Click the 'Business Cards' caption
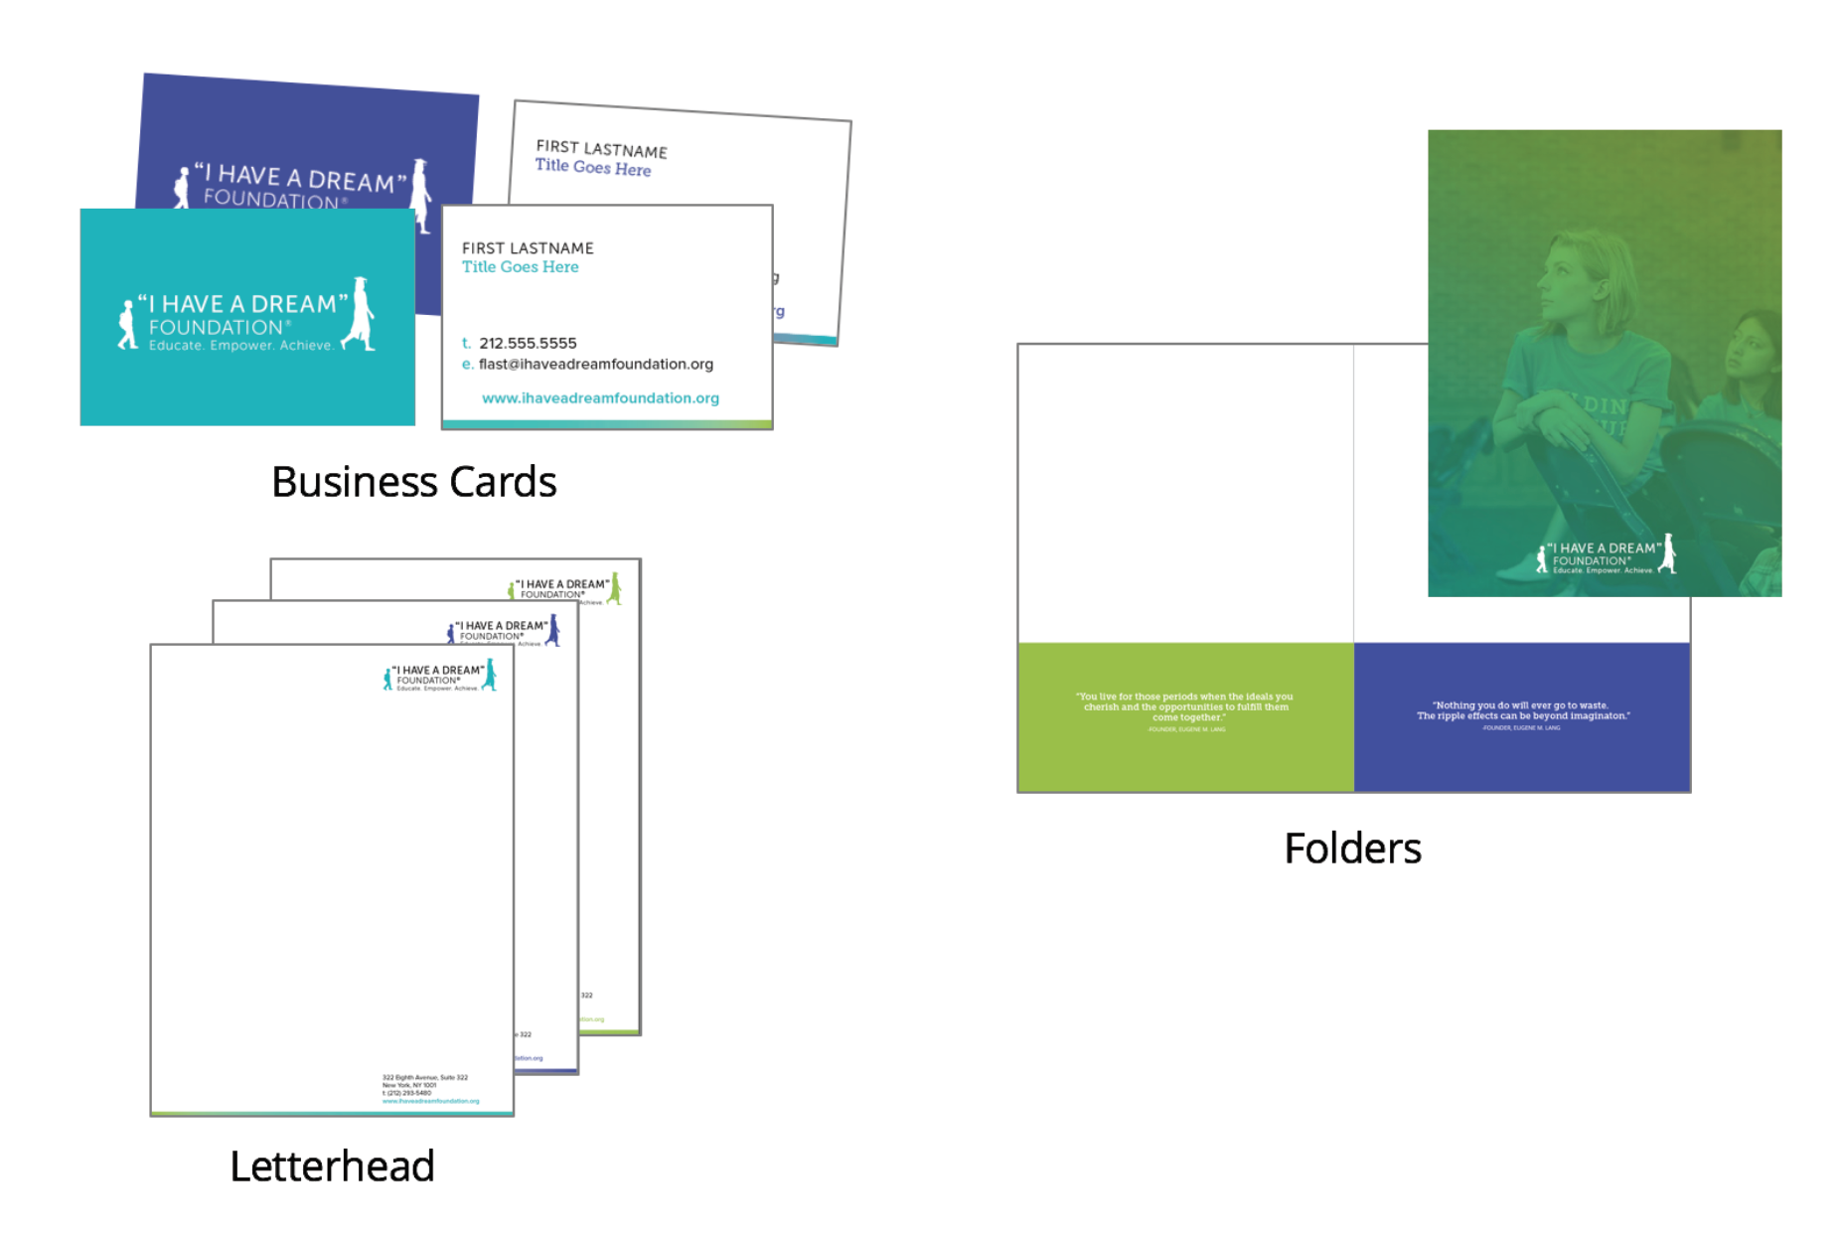pos(413,483)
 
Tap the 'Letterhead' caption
pos(332,1166)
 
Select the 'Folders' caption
pos(1351,849)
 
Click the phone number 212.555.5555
pos(528,344)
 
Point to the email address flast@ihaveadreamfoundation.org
pos(595,365)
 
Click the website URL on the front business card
pos(600,398)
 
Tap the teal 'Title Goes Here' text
pos(520,267)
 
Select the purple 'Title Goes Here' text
pos(593,168)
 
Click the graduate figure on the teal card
pos(360,314)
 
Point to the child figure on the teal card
pos(127,324)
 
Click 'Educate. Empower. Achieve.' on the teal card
pos(240,346)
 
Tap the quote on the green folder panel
pos(1185,707)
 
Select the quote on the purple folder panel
pos(1522,710)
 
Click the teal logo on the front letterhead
pos(440,678)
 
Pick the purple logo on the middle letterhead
pos(504,630)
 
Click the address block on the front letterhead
pos(427,1089)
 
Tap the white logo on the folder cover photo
pos(1607,557)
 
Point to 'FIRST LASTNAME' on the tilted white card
pos(601,149)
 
